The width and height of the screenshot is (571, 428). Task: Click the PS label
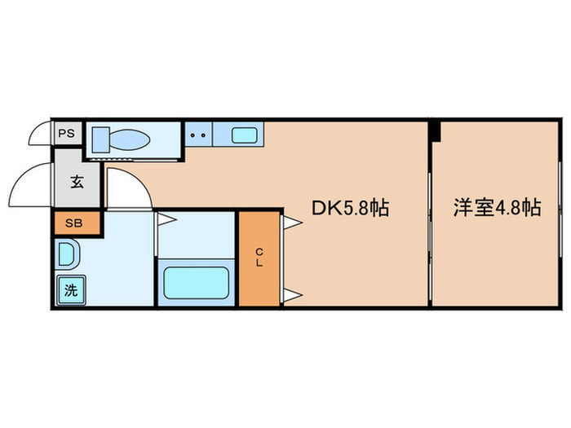(67, 132)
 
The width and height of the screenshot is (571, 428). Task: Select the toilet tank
(100, 139)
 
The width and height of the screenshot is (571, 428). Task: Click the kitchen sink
(244, 135)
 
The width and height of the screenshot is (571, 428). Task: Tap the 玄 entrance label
(77, 183)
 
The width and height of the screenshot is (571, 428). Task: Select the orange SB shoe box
(77, 223)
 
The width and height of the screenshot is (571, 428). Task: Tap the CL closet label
(259, 258)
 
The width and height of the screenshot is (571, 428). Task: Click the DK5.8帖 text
(349, 209)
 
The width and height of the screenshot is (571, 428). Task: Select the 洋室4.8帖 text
(497, 209)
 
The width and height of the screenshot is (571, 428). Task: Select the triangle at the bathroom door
(163, 218)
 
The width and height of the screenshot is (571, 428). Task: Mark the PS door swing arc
(41, 132)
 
